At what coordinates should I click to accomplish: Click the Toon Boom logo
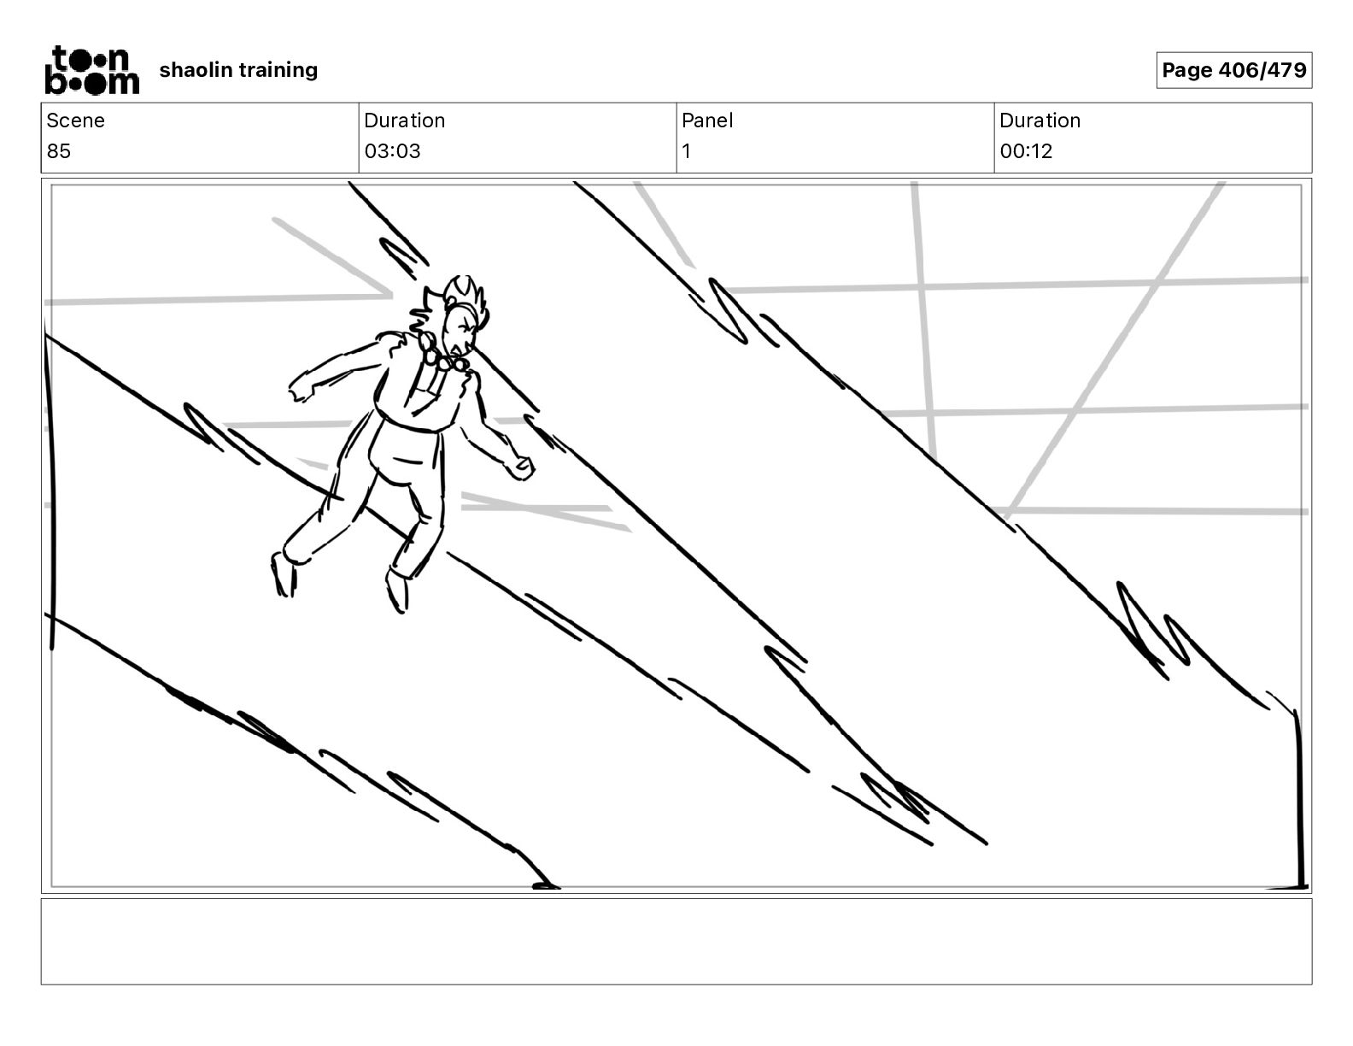click(91, 69)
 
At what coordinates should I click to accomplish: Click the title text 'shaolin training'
click(238, 69)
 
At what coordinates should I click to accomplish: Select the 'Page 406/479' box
click(1233, 70)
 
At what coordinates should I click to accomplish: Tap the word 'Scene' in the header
click(75, 120)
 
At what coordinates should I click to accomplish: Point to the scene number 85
click(59, 151)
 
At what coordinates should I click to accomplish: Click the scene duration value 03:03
click(392, 151)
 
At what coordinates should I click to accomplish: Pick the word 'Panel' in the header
click(707, 120)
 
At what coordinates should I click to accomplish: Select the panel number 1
click(686, 151)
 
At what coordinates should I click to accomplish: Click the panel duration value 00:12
click(1026, 151)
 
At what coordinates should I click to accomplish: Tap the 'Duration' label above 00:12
click(1040, 120)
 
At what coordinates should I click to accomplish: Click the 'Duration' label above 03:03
click(404, 120)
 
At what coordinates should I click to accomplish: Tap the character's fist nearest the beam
click(520, 467)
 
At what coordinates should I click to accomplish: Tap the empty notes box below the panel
click(676, 941)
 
